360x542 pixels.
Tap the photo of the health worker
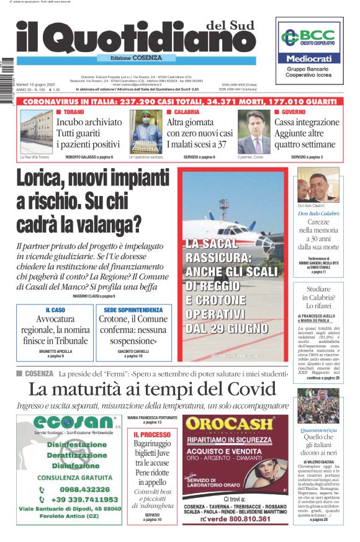pos(145,131)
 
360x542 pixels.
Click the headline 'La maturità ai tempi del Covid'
pos(152,389)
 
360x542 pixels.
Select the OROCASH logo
pos(230,424)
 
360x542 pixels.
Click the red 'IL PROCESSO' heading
pos(151,435)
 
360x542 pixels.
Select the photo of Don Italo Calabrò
pos(317,185)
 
